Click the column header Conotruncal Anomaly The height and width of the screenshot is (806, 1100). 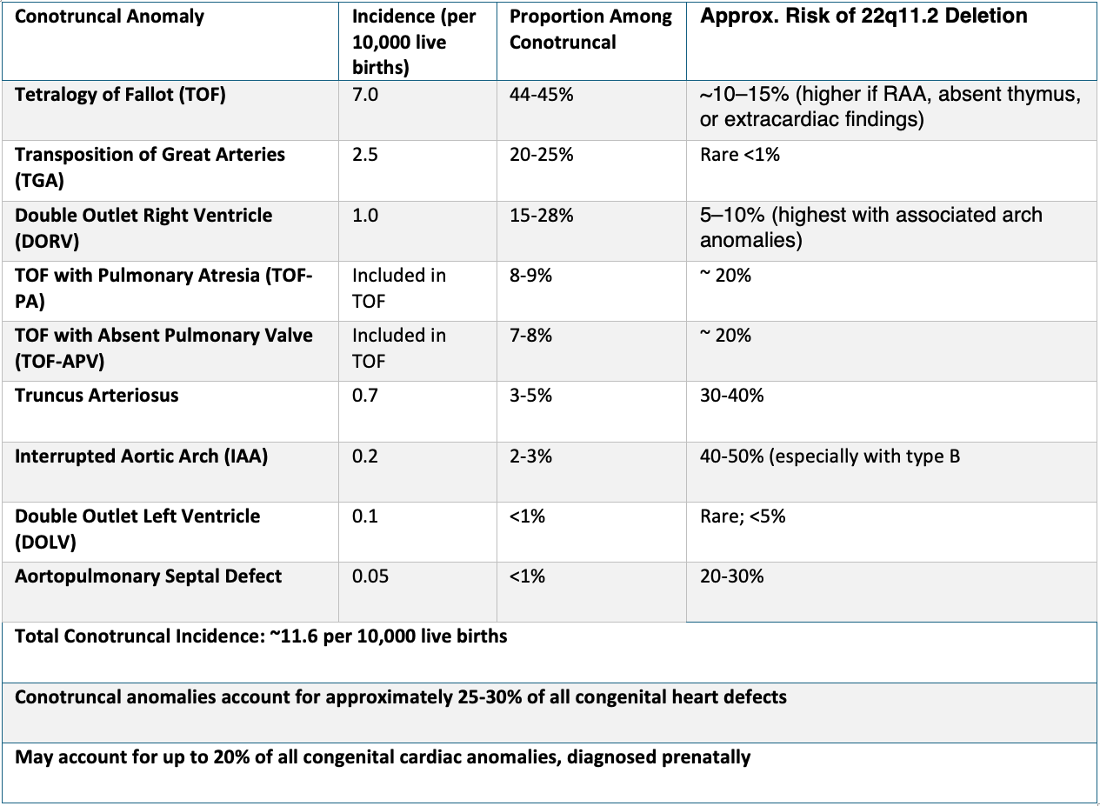(110, 17)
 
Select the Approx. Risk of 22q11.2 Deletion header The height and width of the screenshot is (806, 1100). (863, 17)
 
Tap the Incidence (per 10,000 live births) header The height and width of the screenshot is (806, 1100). (413, 42)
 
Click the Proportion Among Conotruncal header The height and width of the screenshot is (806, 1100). (590, 30)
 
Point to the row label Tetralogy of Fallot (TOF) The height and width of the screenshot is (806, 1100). (120, 95)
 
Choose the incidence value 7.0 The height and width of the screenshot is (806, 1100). (365, 95)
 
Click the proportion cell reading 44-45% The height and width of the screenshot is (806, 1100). (541, 95)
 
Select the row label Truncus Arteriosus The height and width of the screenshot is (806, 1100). (97, 396)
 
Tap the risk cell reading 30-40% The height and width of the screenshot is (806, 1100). (731, 396)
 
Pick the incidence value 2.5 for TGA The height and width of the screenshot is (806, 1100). (365, 155)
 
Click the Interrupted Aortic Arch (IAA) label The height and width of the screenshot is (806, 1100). (141, 456)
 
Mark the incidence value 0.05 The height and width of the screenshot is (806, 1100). (370, 576)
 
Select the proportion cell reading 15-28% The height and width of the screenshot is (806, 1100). (541, 216)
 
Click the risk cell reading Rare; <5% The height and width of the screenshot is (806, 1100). (742, 516)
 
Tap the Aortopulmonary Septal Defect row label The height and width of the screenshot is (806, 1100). (148, 576)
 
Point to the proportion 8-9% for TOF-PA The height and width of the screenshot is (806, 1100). (530, 276)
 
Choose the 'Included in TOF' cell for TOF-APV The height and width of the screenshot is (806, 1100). (398, 348)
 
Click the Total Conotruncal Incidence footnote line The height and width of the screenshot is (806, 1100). (261, 636)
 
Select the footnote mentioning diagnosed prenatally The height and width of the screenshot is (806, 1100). (383, 757)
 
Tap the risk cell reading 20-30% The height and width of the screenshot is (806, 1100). (731, 576)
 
